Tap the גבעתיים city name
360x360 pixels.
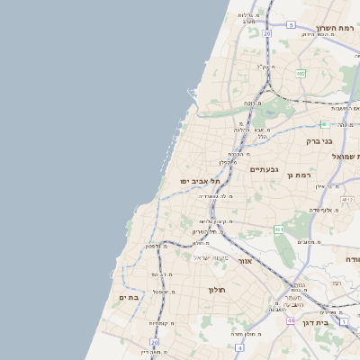[x=265, y=169]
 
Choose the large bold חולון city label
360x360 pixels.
[x=217, y=290]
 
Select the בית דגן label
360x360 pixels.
[x=335, y=321]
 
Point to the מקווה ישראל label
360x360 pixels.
[x=212, y=259]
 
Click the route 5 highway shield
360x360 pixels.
[x=291, y=25]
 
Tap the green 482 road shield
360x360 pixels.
[x=300, y=74]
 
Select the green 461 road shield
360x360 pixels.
[x=280, y=229]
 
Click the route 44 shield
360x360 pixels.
[x=291, y=320]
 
